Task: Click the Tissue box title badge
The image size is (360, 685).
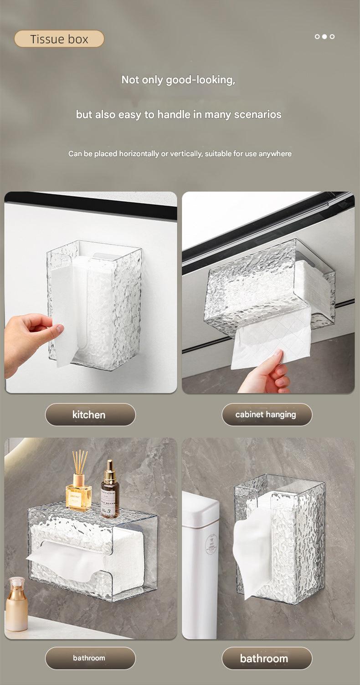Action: [x=59, y=39]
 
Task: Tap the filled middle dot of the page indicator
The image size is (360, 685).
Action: [x=324, y=37]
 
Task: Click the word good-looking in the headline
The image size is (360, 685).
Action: [x=201, y=80]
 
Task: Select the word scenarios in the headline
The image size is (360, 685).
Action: [x=258, y=115]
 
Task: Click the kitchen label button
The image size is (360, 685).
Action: [x=90, y=414]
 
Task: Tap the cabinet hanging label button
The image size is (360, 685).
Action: [x=267, y=414]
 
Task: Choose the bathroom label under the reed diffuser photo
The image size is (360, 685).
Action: [x=90, y=658]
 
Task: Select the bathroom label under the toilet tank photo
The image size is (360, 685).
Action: [x=267, y=658]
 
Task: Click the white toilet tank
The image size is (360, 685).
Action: [x=201, y=566]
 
